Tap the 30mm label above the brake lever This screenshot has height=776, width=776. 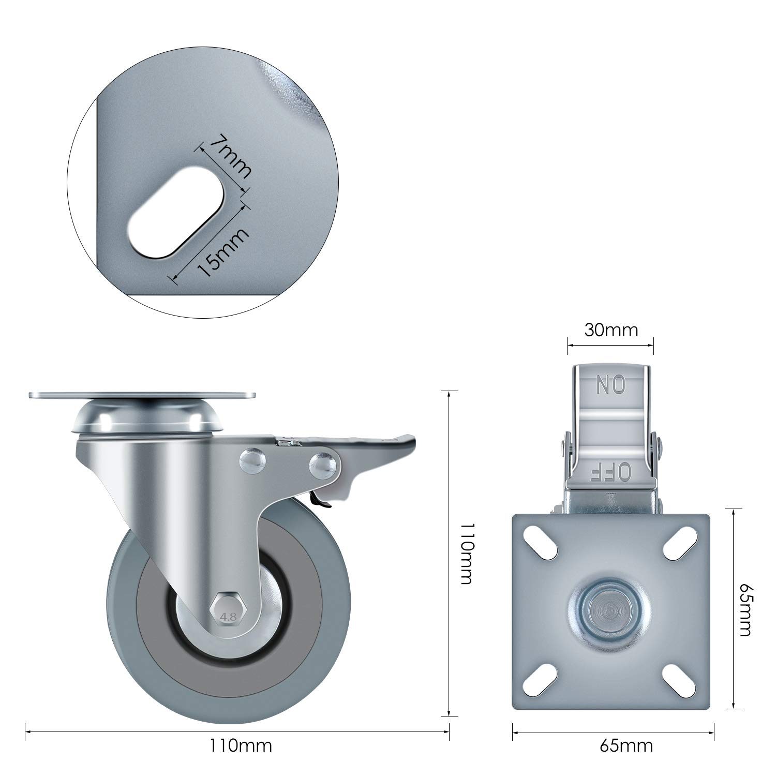pos(611,330)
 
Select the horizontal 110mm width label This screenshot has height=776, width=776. pos(240,745)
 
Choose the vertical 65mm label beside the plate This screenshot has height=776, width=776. pos(746,609)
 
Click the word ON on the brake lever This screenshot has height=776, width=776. pos(611,384)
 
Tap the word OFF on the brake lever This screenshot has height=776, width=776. pos(610,471)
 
